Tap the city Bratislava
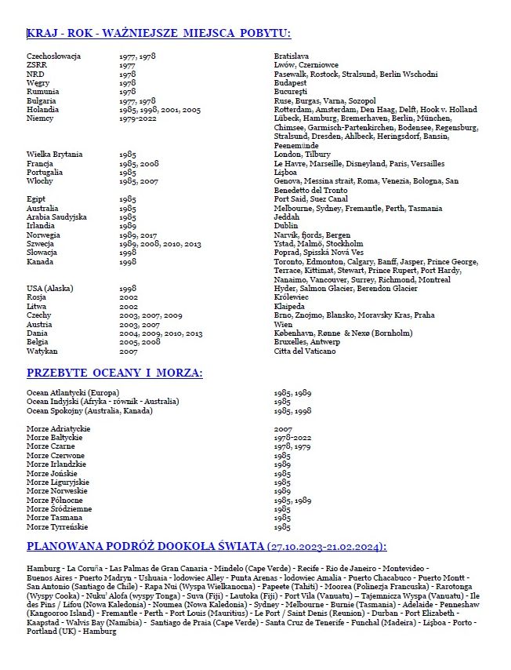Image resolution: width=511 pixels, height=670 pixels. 292,56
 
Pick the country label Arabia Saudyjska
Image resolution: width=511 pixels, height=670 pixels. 56,217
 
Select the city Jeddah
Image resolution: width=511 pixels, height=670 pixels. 287,217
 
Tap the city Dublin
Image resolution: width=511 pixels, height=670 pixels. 287,225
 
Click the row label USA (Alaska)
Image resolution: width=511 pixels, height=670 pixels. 50,288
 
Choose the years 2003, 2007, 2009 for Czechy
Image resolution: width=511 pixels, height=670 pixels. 150,315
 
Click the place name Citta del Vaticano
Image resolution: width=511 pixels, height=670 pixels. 306,351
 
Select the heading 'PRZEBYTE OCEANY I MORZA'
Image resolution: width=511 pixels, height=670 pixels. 114,373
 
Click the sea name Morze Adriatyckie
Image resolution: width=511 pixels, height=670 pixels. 59,429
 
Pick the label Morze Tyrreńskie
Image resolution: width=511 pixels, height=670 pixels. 57,527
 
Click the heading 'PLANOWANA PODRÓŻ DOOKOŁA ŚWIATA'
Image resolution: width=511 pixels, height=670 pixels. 207,547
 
